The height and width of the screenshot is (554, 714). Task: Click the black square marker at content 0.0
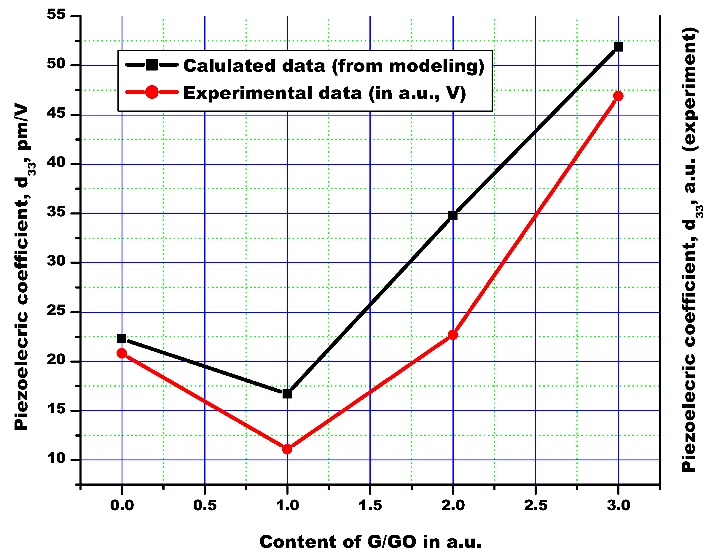tap(122, 338)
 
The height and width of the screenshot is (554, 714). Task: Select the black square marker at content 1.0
tap(287, 394)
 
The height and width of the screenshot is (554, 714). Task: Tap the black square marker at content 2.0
tap(453, 215)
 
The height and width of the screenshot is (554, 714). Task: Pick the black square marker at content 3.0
tap(618, 47)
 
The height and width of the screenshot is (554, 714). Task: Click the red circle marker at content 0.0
tap(122, 353)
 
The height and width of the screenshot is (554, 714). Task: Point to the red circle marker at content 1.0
tap(287, 449)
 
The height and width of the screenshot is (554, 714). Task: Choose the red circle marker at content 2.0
tap(453, 335)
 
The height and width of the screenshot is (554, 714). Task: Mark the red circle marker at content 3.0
tap(618, 96)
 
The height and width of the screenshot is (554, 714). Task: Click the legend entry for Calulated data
tap(334, 66)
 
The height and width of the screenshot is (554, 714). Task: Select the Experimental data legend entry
tap(324, 93)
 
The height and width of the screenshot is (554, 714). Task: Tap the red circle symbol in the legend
tap(152, 92)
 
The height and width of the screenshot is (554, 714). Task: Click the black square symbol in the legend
tap(152, 65)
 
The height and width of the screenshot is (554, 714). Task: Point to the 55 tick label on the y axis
tap(56, 15)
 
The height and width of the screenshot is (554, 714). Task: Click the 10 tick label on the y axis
tap(56, 458)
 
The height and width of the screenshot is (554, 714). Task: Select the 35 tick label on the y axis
tap(56, 212)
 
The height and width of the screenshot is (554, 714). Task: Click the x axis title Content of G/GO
tap(370, 542)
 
